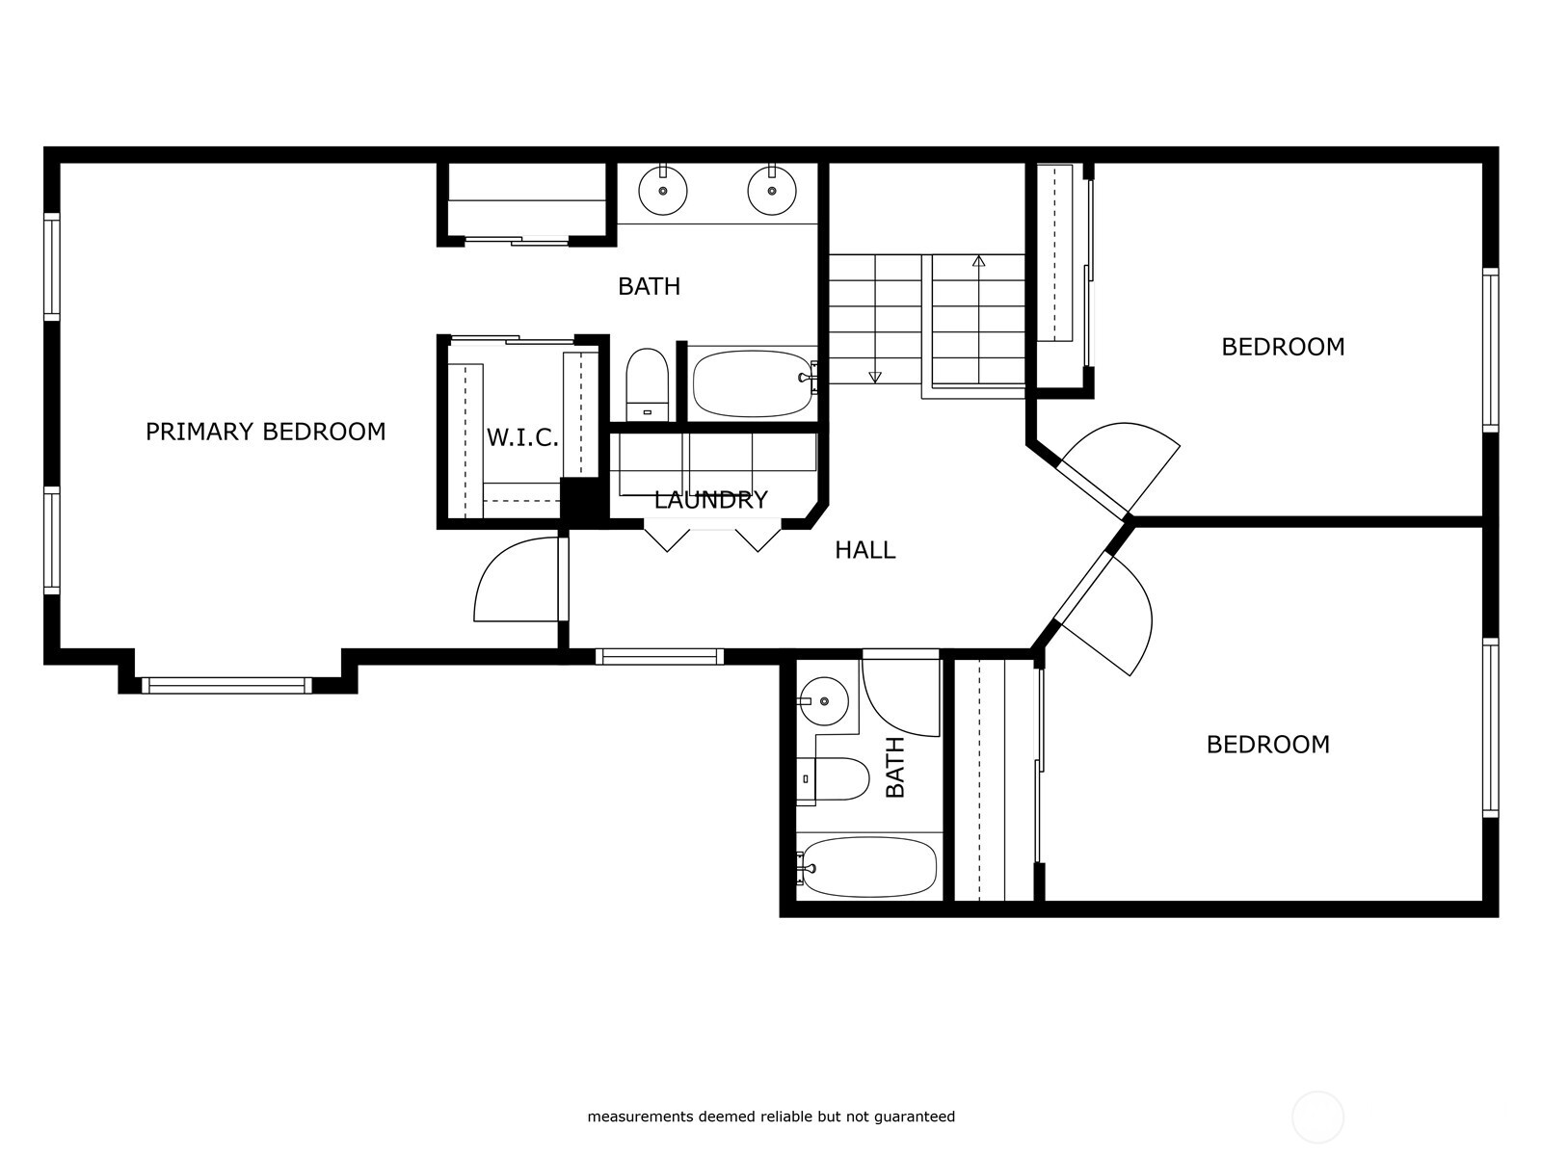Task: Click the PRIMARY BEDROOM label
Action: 265,432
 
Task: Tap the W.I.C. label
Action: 522,438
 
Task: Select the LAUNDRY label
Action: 711,500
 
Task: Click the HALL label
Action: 864,550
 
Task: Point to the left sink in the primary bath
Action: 663,190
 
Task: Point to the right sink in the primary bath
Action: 772,190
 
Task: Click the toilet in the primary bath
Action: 647,384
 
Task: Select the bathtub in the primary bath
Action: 752,382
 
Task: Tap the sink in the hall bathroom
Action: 824,700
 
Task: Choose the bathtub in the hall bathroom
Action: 869,866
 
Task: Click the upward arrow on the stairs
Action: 979,260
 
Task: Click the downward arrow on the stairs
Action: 875,377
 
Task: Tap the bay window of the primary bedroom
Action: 227,685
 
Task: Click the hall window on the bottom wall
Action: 659,657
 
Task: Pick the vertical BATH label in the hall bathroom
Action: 895,767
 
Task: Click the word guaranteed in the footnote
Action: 914,1117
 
